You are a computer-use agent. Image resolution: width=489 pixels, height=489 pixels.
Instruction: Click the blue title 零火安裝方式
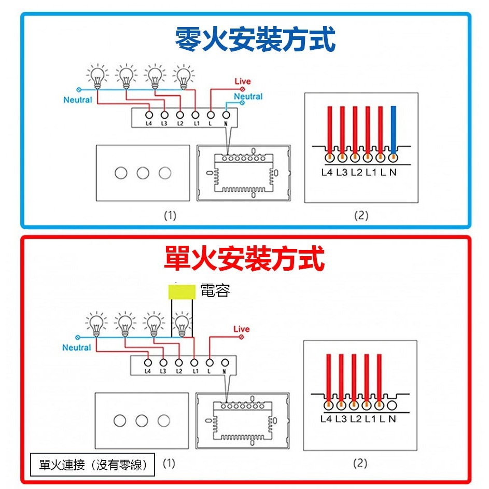(255, 39)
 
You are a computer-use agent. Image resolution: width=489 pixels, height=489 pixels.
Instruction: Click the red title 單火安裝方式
(244, 258)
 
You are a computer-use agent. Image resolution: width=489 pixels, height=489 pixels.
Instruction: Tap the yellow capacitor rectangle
(183, 291)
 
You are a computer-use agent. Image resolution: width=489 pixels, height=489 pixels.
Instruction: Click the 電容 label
(215, 291)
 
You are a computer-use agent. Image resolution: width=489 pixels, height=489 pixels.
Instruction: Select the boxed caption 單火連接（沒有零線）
(92, 465)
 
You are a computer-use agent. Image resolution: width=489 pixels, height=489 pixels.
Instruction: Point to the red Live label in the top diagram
(242, 81)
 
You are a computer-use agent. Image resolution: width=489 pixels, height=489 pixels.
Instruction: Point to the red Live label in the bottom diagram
(241, 329)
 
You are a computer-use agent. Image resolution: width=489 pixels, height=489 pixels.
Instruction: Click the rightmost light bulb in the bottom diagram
(181, 324)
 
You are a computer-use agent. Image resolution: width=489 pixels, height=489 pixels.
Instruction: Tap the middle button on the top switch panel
(143, 173)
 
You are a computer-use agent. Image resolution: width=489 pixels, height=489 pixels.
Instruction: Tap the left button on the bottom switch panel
(120, 421)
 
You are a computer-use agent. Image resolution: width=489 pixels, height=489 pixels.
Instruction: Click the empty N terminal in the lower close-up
(392, 405)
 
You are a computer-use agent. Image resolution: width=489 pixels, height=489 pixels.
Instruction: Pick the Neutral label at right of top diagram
(248, 96)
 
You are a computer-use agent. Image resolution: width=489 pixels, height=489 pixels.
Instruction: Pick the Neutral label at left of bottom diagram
(77, 347)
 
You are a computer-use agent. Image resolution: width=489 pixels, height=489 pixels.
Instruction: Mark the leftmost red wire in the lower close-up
(329, 376)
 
